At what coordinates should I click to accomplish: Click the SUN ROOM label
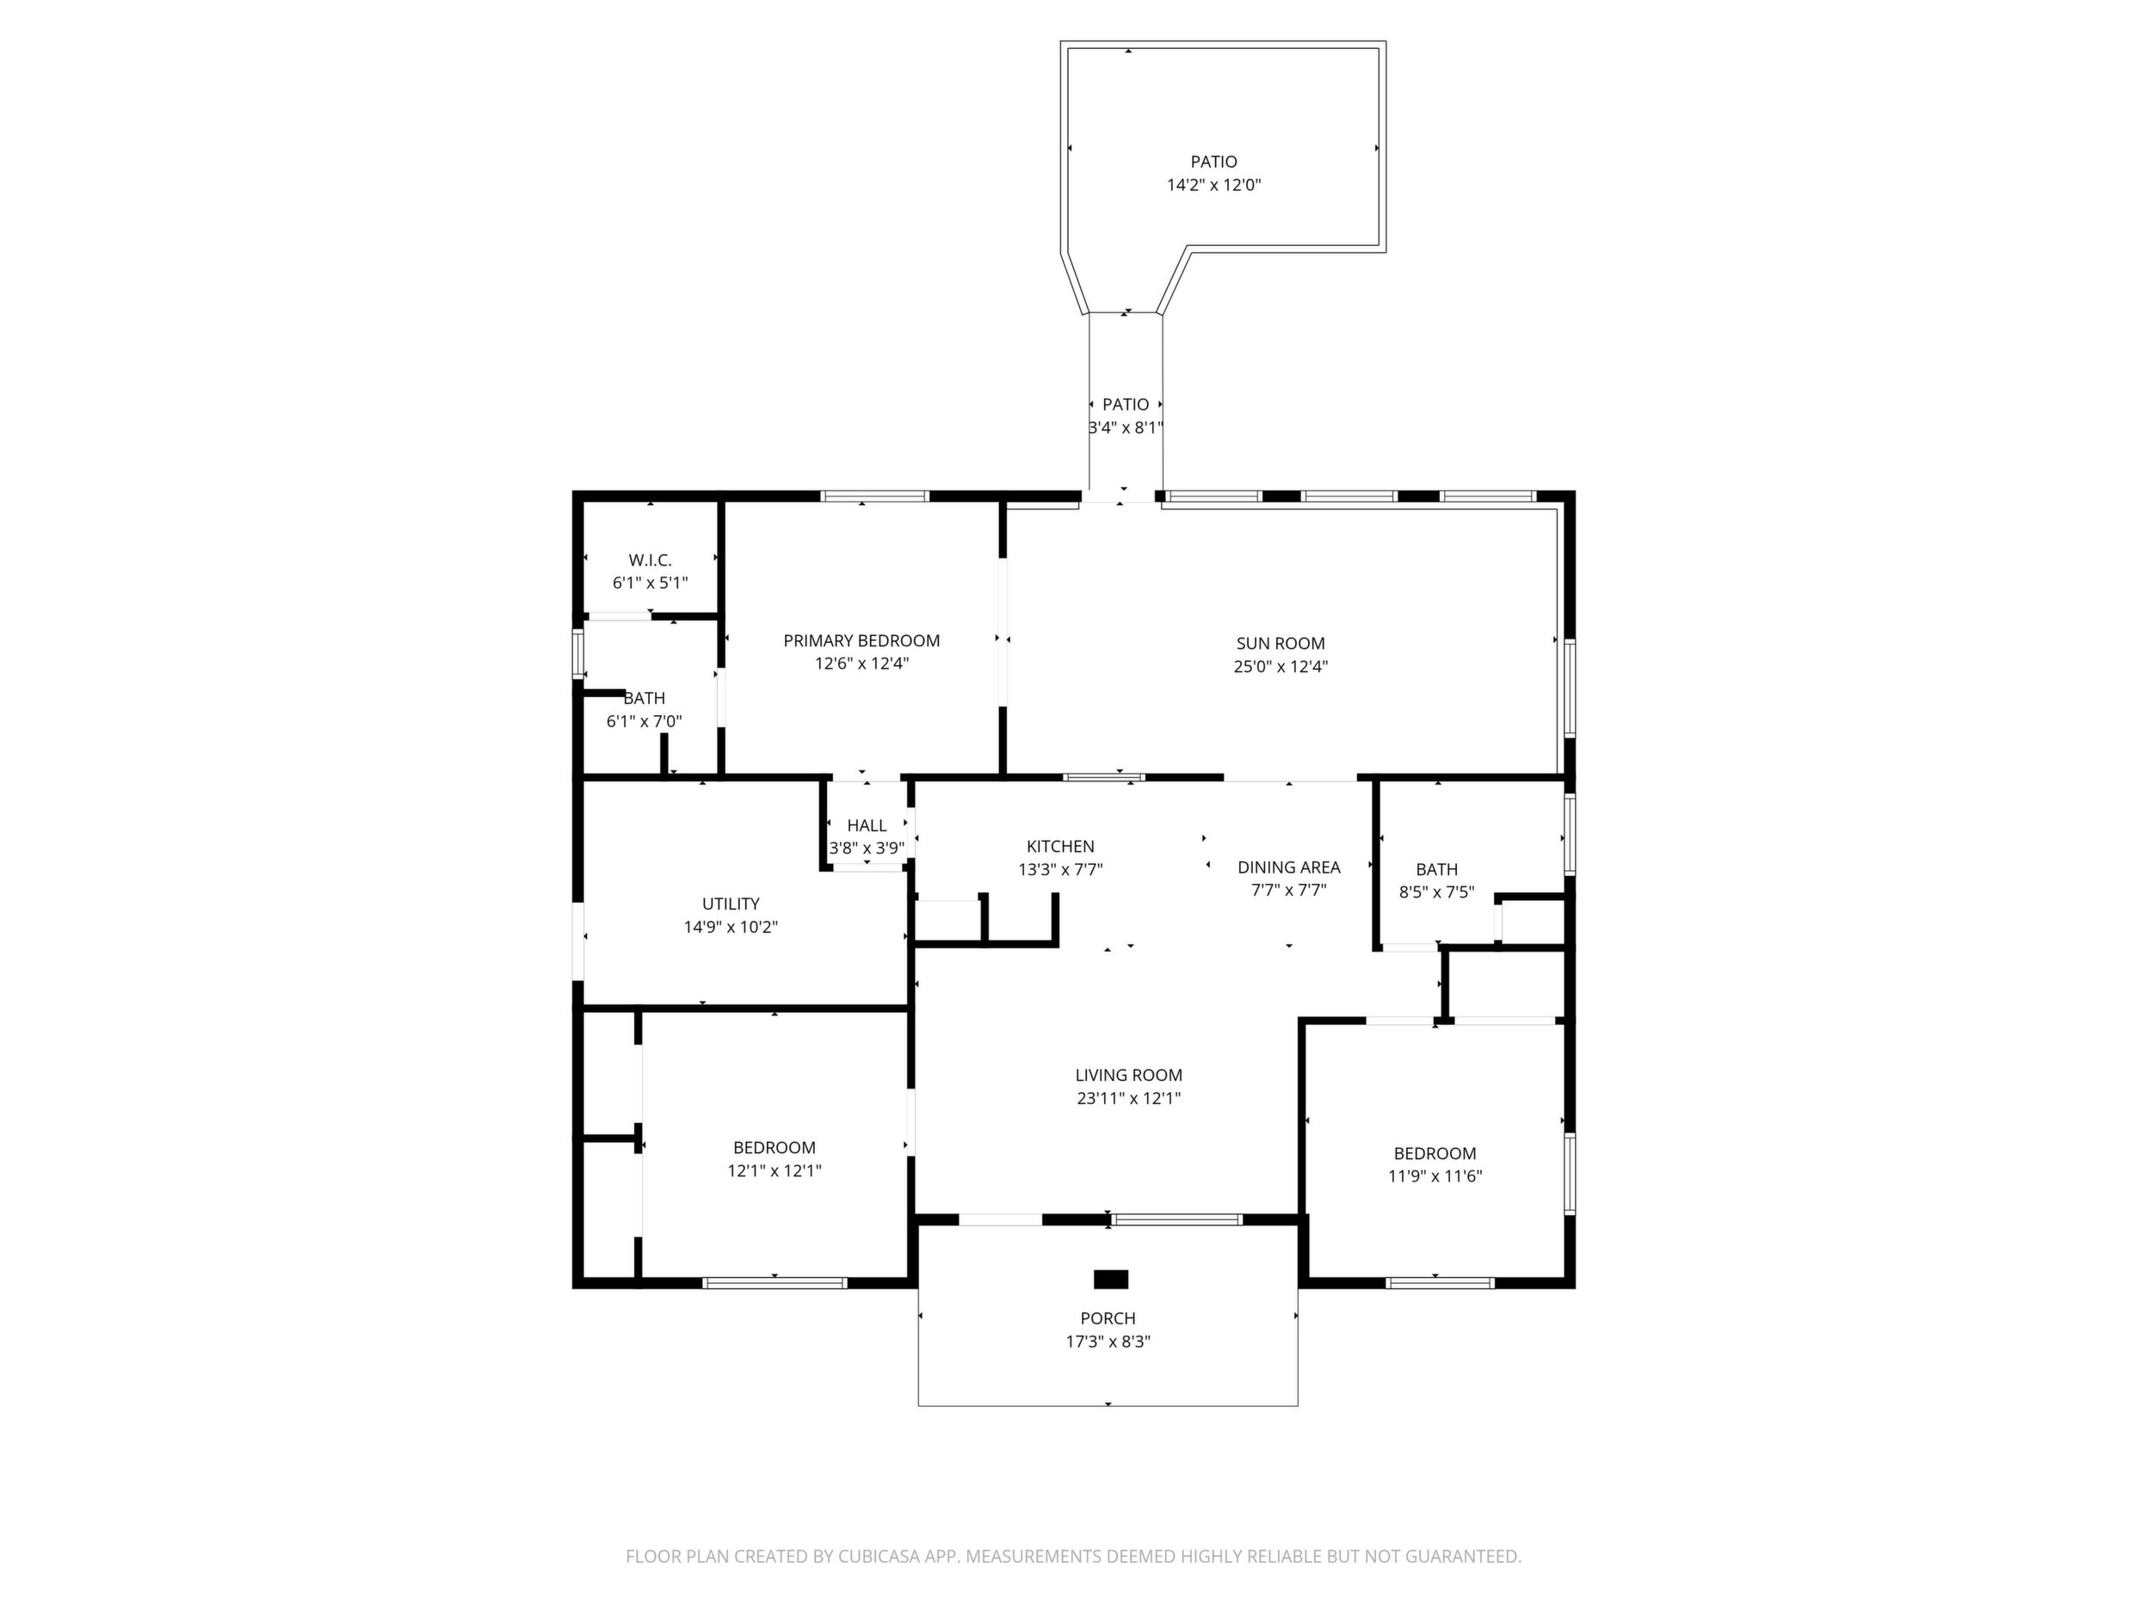click(x=1280, y=643)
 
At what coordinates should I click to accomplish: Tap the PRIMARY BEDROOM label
click(x=861, y=641)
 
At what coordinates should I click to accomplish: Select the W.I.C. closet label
click(x=650, y=560)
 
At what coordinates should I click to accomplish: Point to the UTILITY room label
click(x=731, y=904)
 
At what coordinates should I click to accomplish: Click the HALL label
click(x=867, y=825)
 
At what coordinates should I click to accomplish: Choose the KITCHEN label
click(x=1060, y=847)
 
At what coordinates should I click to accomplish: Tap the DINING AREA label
click(x=1288, y=867)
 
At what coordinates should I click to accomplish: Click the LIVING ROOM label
click(x=1128, y=1075)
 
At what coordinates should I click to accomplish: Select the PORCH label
click(x=1108, y=1318)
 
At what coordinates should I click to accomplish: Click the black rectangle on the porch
click(x=1111, y=1279)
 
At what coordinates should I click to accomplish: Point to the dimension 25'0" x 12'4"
click(x=1280, y=666)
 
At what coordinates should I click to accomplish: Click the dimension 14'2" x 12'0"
click(x=1213, y=184)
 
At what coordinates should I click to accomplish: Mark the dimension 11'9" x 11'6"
click(x=1435, y=1176)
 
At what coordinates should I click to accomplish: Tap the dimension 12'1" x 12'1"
click(x=774, y=1170)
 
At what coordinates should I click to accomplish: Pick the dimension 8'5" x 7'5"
click(x=1436, y=892)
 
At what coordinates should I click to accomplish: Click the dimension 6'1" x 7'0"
click(x=644, y=721)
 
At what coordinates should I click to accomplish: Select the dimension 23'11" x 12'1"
click(x=1128, y=1098)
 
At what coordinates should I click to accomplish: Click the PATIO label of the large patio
click(x=1213, y=161)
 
